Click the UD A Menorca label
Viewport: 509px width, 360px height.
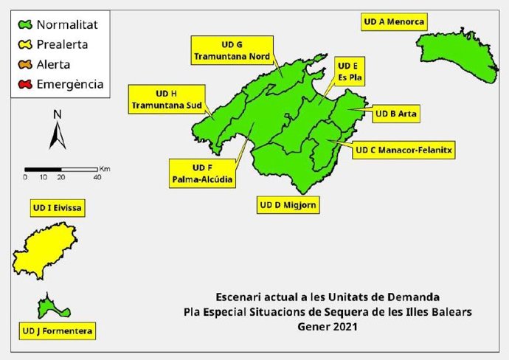pos(394,22)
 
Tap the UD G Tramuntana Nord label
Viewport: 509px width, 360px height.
pos(232,49)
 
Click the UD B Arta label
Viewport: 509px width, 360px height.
pos(397,114)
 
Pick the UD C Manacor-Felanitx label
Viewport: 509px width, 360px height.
pos(404,150)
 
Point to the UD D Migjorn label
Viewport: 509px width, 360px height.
pos(288,204)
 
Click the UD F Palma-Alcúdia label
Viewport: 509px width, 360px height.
pos(203,173)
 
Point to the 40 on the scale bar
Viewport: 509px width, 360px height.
pos(97,178)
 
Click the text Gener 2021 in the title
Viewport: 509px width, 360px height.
pos(328,325)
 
